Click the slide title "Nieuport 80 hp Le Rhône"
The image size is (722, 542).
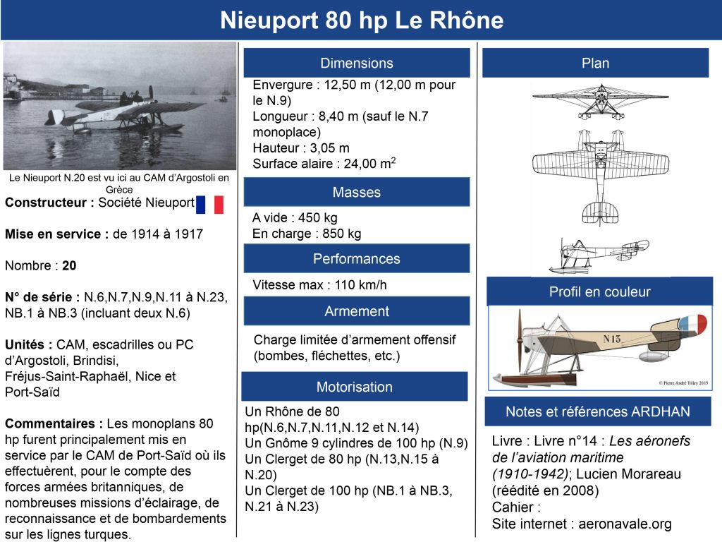pos(361,20)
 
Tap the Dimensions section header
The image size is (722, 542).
pos(357,63)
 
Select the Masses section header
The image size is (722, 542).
pos(357,192)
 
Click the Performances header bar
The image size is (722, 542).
pos(357,258)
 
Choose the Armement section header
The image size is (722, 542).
pos(357,311)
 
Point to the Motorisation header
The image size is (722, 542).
pos(355,387)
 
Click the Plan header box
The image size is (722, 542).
pos(595,63)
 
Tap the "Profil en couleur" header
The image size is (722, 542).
pos(599,291)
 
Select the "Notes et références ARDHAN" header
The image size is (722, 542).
pos(598,411)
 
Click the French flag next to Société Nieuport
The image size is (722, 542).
pos(209,204)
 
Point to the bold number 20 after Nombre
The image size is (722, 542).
pos(69,266)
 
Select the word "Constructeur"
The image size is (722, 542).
pos(46,203)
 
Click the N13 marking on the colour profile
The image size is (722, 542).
pos(612,339)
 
